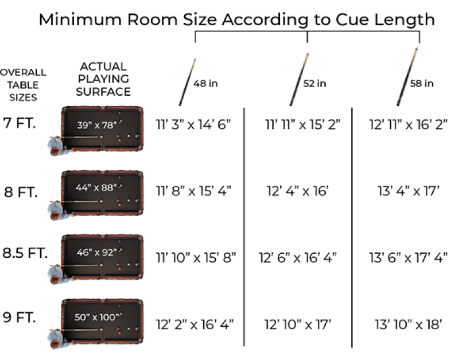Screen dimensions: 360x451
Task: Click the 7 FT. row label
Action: pos(20,123)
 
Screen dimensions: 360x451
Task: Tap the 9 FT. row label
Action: pos(21,316)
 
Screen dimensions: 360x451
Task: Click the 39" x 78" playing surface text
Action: pos(97,124)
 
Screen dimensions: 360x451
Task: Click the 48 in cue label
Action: pos(205,83)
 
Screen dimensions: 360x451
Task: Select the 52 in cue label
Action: pos(314,83)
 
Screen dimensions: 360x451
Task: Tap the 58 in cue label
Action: pos(422,83)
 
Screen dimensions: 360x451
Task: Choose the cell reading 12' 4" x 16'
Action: pos(298,190)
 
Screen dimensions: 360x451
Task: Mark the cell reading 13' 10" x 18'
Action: pos(407,324)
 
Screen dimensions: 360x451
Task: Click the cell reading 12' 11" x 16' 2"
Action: pos(408,124)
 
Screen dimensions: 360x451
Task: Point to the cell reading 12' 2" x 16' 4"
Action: pos(195,324)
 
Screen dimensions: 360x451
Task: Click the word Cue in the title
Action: pos(346,20)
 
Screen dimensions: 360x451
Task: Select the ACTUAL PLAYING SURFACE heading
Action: pos(103,79)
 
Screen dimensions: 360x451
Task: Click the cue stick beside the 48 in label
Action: pos(188,82)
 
